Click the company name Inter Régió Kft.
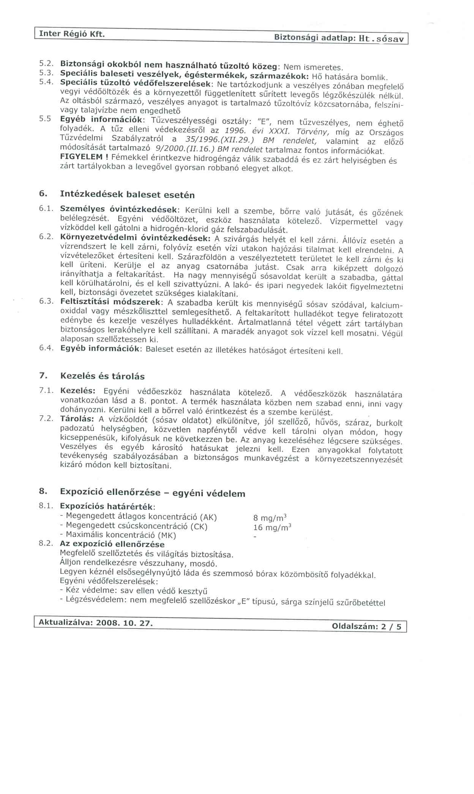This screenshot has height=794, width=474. [71, 34]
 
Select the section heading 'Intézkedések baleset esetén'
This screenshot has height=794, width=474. [127, 195]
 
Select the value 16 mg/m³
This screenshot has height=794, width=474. [272, 527]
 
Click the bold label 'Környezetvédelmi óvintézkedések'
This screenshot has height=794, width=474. [135, 238]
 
